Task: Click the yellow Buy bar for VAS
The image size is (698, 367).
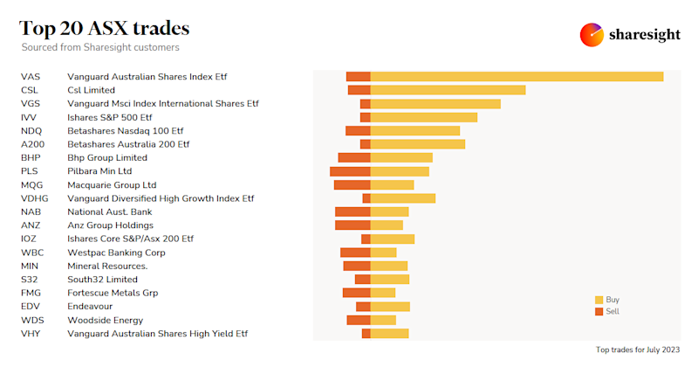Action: pos(517,77)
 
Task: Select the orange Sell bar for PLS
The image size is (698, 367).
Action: pos(350,171)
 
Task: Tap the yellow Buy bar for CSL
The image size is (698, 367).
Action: pos(448,90)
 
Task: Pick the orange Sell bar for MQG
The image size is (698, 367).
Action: pos(352,185)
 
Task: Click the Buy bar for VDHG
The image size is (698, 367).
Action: pos(402,198)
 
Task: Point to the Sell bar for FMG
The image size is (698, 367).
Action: pos(356,293)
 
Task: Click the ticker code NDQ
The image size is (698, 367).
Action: pos(31,131)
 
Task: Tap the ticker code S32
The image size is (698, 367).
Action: pos(30,280)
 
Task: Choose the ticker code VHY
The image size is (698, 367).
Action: pos(31,334)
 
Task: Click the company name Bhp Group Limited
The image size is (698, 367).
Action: pos(107,158)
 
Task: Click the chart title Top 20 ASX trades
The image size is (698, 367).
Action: pos(105,28)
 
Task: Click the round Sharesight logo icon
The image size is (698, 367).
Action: pos(592,35)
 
